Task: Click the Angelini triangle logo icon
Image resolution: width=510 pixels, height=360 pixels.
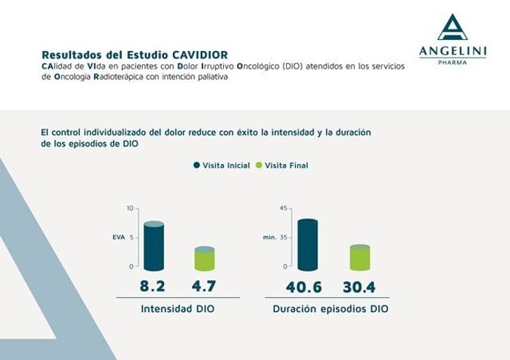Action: point(453,27)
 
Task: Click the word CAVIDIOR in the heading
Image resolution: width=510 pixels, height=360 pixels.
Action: point(201,55)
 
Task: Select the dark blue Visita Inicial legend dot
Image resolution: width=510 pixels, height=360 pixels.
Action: point(197,166)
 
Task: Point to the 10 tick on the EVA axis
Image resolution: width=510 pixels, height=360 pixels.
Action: point(130,208)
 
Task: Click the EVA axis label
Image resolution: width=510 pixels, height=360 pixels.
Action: point(108,237)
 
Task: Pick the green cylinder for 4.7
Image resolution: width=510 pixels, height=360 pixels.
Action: point(204,259)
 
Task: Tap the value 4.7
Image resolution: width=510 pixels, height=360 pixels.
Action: point(204,286)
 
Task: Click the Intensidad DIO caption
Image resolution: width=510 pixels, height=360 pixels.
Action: point(177,309)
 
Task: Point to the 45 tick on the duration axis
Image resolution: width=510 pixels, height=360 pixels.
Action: point(282,208)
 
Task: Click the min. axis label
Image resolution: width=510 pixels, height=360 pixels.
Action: point(269,237)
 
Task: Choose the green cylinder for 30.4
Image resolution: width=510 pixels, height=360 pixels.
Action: point(359,257)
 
